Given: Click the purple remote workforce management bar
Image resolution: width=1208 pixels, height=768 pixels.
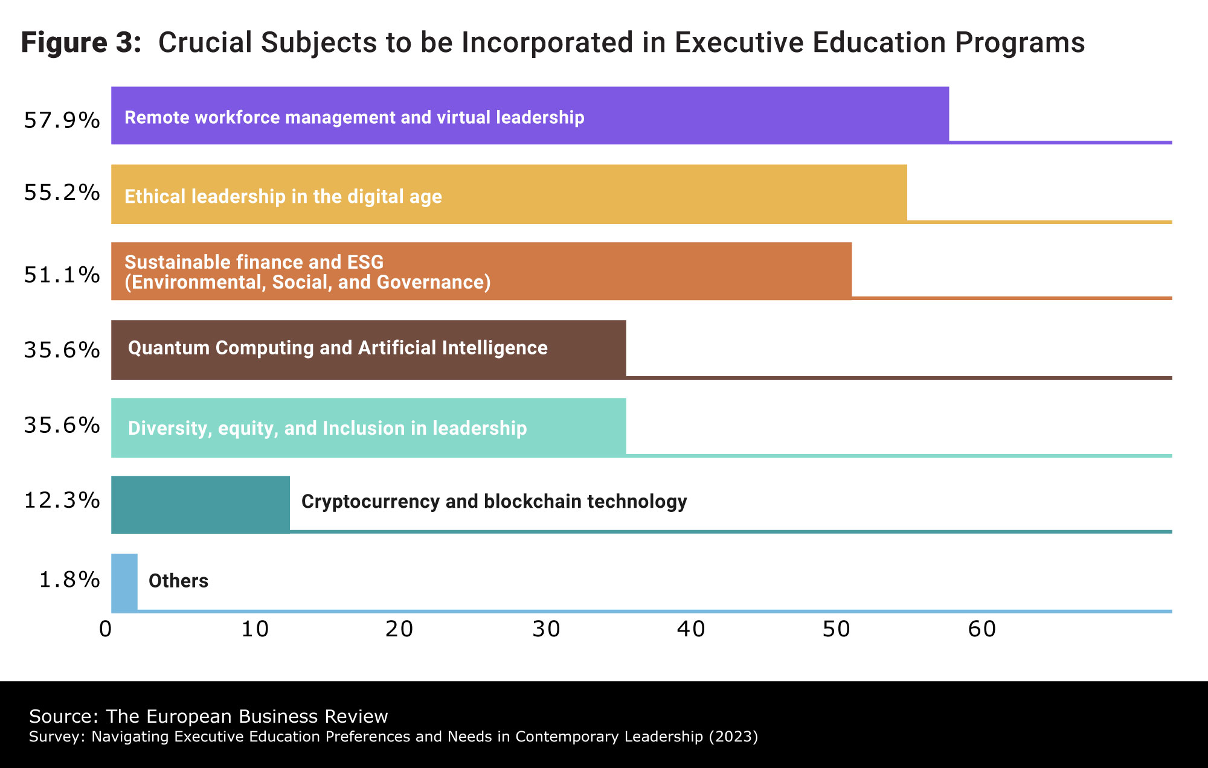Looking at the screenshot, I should click(x=530, y=115).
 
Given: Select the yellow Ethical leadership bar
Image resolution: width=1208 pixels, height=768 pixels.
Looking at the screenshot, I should click(x=509, y=194).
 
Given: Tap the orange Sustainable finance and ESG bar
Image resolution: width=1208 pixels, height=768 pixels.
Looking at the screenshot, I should click(x=481, y=271).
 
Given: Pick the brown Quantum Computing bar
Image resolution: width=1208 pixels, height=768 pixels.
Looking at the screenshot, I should click(x=368, y=349).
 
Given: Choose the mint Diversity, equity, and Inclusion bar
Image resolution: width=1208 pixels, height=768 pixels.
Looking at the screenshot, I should click(x=368, y=427).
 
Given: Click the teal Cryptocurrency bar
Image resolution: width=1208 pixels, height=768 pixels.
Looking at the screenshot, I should click(x=201, y=504).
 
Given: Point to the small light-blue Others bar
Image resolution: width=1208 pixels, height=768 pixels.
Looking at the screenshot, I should click(x=124, y=582).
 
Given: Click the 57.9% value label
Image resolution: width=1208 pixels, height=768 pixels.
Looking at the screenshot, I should click(x=62, y=121).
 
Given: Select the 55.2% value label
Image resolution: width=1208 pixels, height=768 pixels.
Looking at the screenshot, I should click(x=62, y=193).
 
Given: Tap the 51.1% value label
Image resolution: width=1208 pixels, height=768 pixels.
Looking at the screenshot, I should click(x=62, y=275).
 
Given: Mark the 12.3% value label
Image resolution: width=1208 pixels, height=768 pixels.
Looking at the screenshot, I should click(x=62, y=501).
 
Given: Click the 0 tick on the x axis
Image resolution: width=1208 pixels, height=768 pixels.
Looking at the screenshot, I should click(x=106, y=630).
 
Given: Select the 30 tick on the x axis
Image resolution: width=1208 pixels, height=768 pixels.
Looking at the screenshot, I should click(x=547, y=630).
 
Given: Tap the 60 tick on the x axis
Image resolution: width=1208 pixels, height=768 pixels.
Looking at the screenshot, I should click(x=982, y=630).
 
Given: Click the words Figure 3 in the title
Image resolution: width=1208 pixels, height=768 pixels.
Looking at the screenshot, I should click(x=81, y=43).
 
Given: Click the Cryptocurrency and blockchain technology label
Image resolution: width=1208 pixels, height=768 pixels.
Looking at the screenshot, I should click(x=494, y=502).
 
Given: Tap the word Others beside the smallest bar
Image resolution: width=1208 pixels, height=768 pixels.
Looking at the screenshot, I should click(x=178, y=581).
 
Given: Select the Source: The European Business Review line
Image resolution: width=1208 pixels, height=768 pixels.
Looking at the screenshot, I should click(x=208, y=717).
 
